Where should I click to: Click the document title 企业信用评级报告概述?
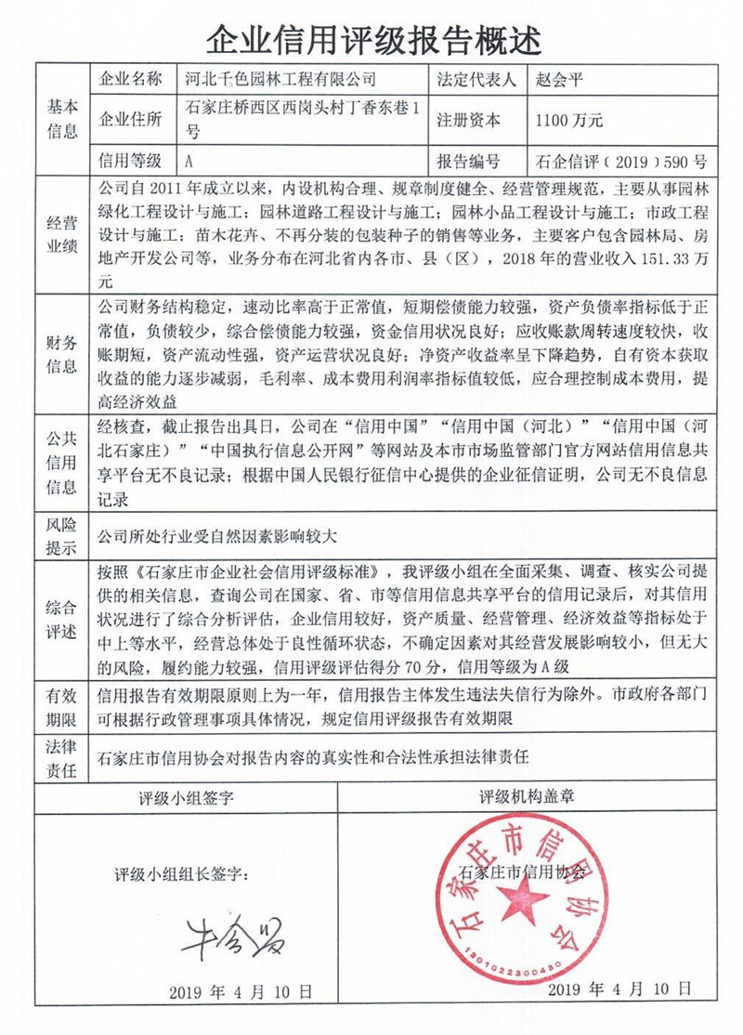[x=371, y=38]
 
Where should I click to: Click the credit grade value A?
[x=189, y=159]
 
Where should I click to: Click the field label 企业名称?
[x=129, y=79]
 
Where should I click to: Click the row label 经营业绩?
[x=62, y=233]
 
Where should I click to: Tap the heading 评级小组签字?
[x=186, y=797]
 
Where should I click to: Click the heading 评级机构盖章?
[x=526, y=797]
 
